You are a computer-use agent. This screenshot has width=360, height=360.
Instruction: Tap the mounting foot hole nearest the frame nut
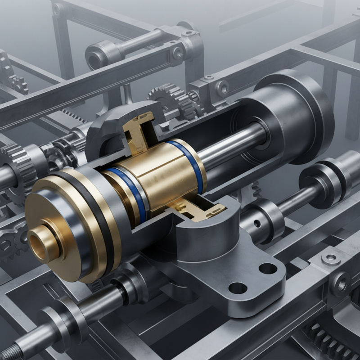point(268,269)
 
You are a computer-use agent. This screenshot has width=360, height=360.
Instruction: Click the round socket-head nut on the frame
point(331,258)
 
